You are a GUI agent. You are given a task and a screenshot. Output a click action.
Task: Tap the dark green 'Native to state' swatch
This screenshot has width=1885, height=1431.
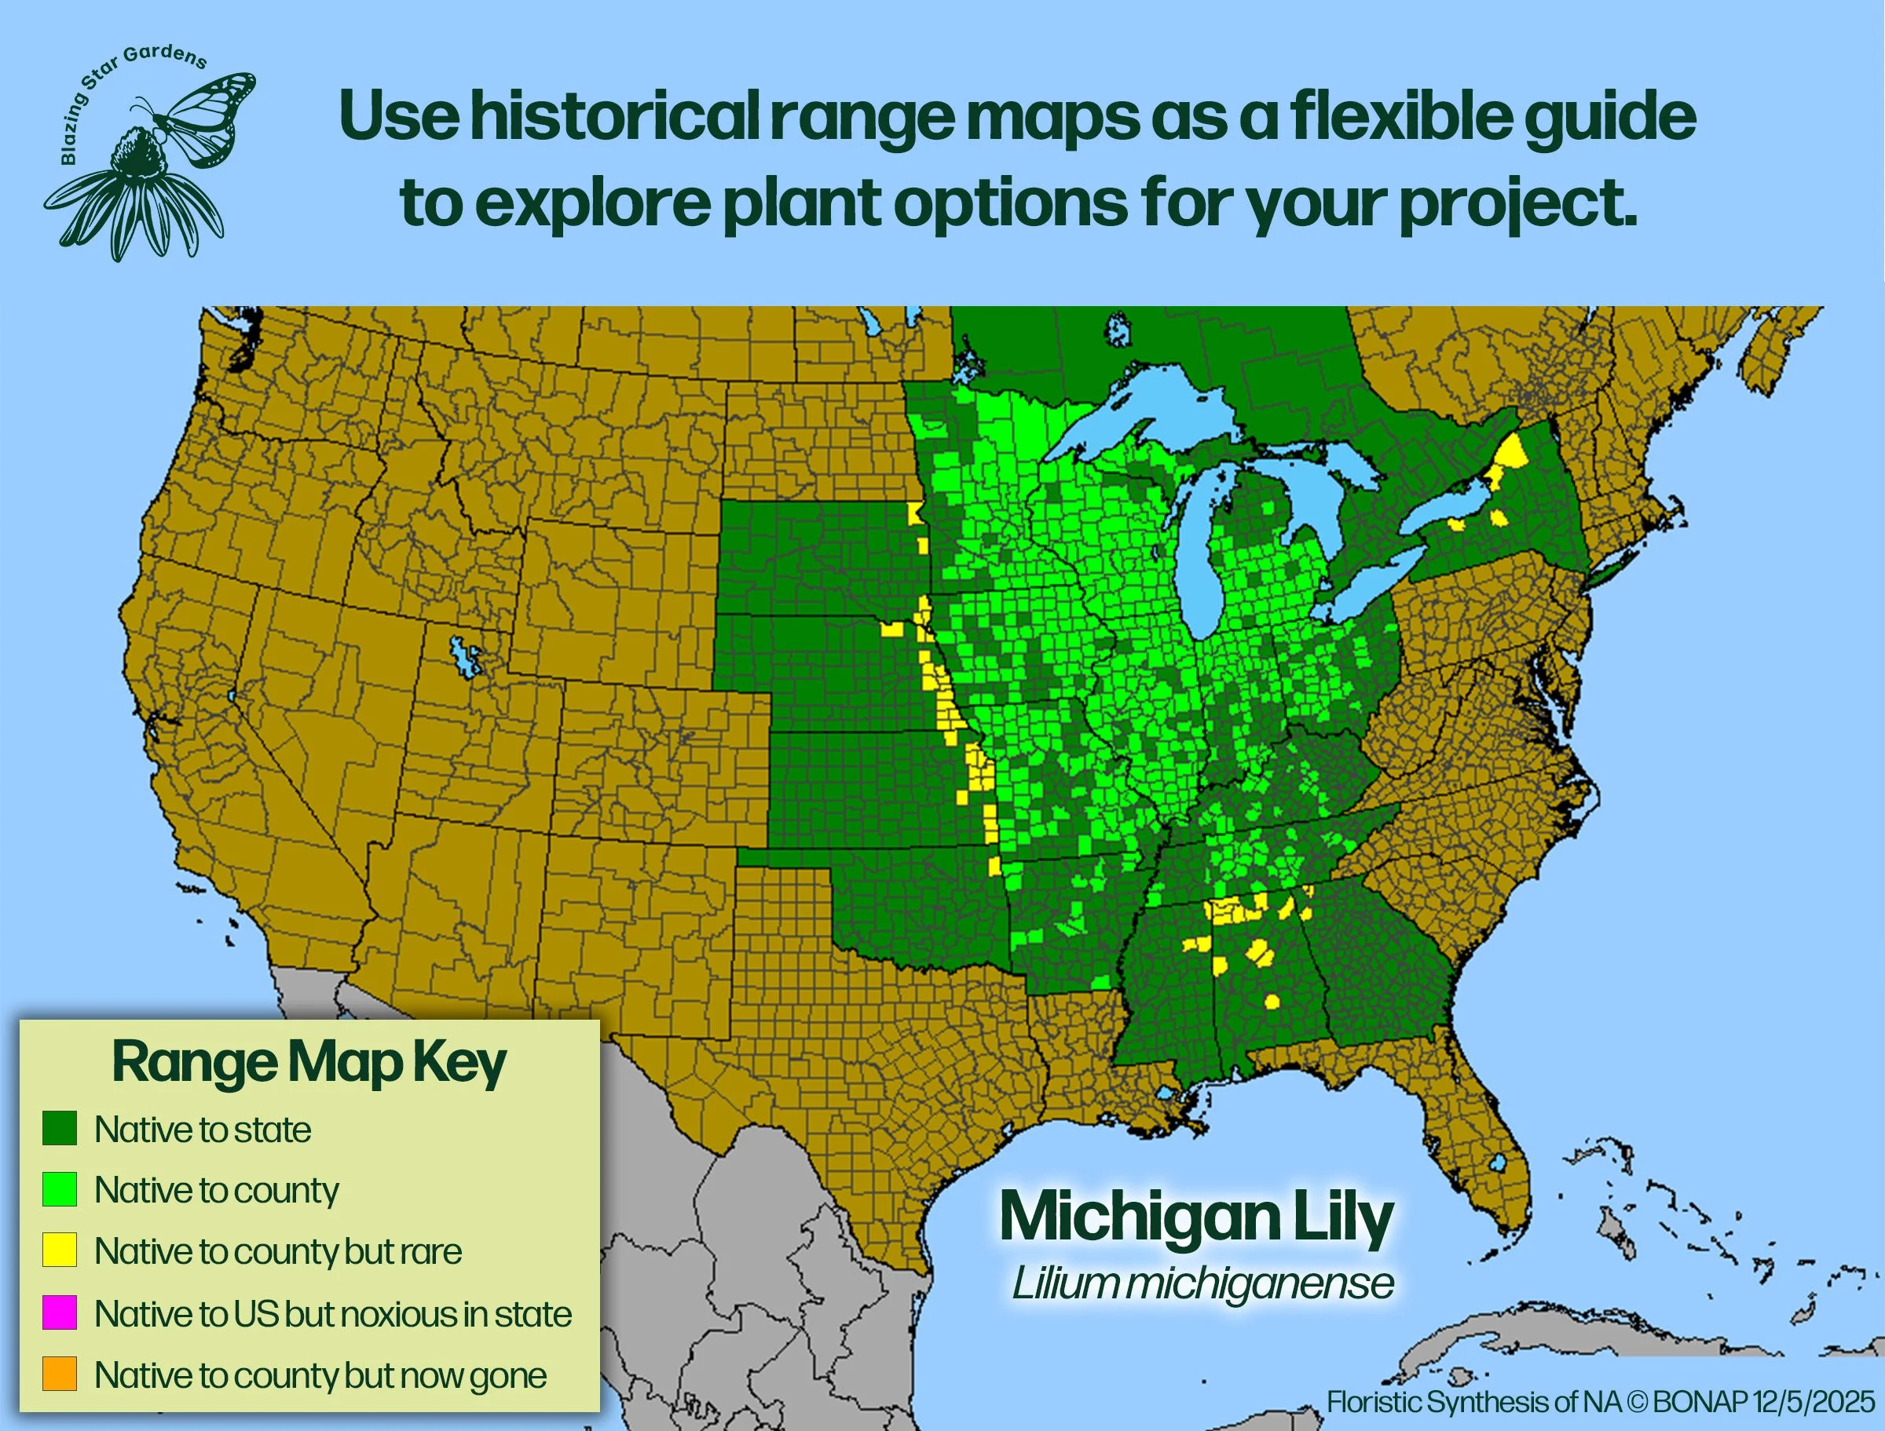[x=60, y=1128]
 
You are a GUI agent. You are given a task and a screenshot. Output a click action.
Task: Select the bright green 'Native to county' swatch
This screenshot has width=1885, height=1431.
[x=60, y=1189]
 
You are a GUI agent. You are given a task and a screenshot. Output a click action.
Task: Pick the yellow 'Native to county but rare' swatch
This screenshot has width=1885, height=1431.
[x=60, y=1250]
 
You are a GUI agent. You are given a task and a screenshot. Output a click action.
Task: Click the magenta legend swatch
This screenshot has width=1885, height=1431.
[x=60, y=1312]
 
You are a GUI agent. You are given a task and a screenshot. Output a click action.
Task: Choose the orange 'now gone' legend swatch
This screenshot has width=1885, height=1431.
[x=60, y=1374]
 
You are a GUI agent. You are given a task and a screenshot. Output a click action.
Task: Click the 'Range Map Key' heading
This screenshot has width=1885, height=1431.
[x=309, y=1063]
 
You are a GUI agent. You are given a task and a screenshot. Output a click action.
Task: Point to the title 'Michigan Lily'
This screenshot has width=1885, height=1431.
[x=1196, y=1217]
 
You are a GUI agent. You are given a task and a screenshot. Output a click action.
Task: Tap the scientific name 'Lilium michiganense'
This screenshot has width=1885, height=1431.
[x=1202, y=1283]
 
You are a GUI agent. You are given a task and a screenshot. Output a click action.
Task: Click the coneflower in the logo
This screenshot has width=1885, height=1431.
[x=137, y=188]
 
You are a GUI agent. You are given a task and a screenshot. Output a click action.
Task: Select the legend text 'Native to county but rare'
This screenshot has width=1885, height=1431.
[x=278, y=1251]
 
